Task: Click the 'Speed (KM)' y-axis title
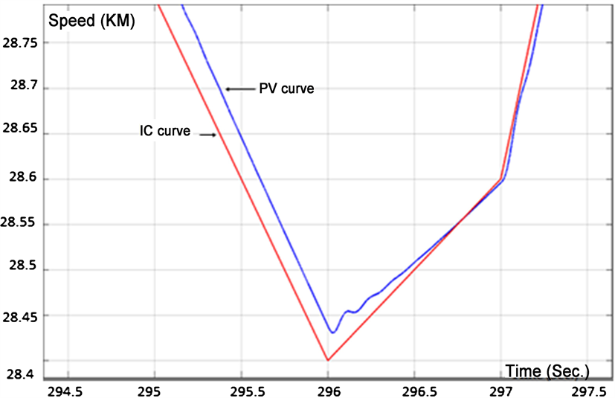coord(91,21)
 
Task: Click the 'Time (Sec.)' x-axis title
coord(547,370)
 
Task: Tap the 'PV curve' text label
coord(286,89)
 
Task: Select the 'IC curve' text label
coord(164,132)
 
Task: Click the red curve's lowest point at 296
coord(328,360)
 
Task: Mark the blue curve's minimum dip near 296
coord(333,332)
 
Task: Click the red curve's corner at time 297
coord(500,179)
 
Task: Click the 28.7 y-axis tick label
coord(25,89)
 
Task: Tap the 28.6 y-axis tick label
coord(25,179)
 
